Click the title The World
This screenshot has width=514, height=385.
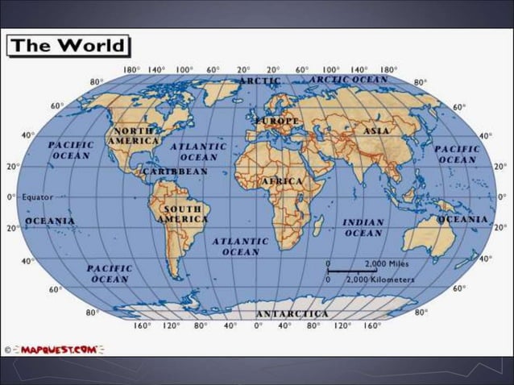pyautogui.click(x=68, y=45)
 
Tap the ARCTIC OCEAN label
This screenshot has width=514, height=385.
pyautogui.click(x=349, y=80)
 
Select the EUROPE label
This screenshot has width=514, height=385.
pyautogui.click(x=278, y=121)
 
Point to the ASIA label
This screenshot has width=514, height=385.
pyautogui.click(x=376, y=130)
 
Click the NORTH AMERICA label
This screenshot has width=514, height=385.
pyautogui.click(x=133, y=135)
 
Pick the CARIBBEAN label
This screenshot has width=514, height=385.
pyautogui.click(x=175, y=172)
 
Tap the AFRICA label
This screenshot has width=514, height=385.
pyautogui.click(x=281, y=181)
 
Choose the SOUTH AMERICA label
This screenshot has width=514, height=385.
pyautogui.click(x=183, y=214)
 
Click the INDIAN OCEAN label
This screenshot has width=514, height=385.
pyautogui.click(x=363, y=227)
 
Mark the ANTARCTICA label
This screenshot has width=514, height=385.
pyautogui.click(x=292, y=313)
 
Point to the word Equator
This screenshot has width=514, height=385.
pyautogui.click(x=37, y=197)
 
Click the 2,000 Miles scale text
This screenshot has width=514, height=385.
pyautogui.click(x=387, y=263)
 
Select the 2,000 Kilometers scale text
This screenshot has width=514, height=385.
pyautogui.click(x=380, y=279)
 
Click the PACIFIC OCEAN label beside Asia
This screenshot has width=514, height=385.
pyautogui.click(x=457, y=154)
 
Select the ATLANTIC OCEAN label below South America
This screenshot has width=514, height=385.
pyautogui.click(x=241, y=246)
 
